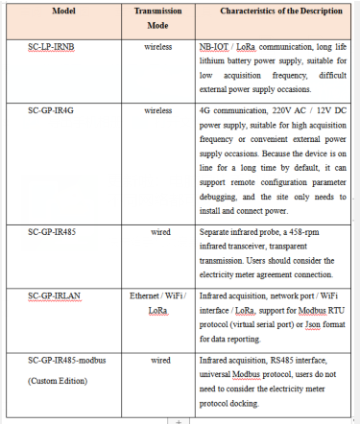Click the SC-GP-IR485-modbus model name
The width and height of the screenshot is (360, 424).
(71, 359)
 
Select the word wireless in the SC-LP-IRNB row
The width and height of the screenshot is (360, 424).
(158, 45)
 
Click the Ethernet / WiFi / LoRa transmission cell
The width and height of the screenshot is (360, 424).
(158, 302)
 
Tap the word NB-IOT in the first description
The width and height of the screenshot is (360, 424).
(214, 45)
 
